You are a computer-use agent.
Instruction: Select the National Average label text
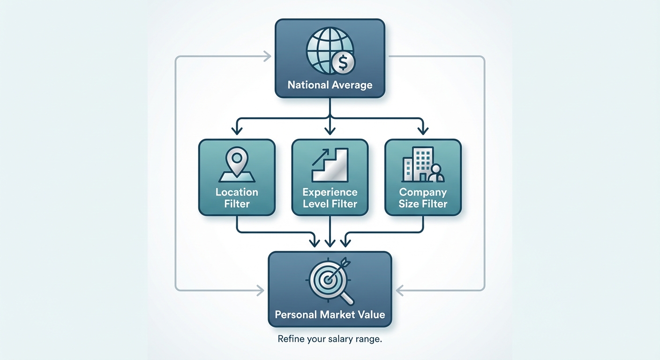pos(330,85)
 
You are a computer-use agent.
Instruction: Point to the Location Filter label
pos(237,198)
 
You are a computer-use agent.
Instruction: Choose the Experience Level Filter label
pos(330,198)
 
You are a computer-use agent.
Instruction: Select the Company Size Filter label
pos(423,198)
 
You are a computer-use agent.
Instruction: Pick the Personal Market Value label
pos(330,314)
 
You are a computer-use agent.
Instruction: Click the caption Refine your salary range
pos(330,339)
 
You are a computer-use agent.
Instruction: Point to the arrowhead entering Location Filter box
pos(237,128)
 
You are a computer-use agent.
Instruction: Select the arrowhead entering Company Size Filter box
pos(423,128)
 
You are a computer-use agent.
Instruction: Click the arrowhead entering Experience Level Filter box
pos(330,128)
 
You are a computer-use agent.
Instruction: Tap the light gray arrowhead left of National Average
pos(267,57)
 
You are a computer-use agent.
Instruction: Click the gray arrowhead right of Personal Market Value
pos(400,291)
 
